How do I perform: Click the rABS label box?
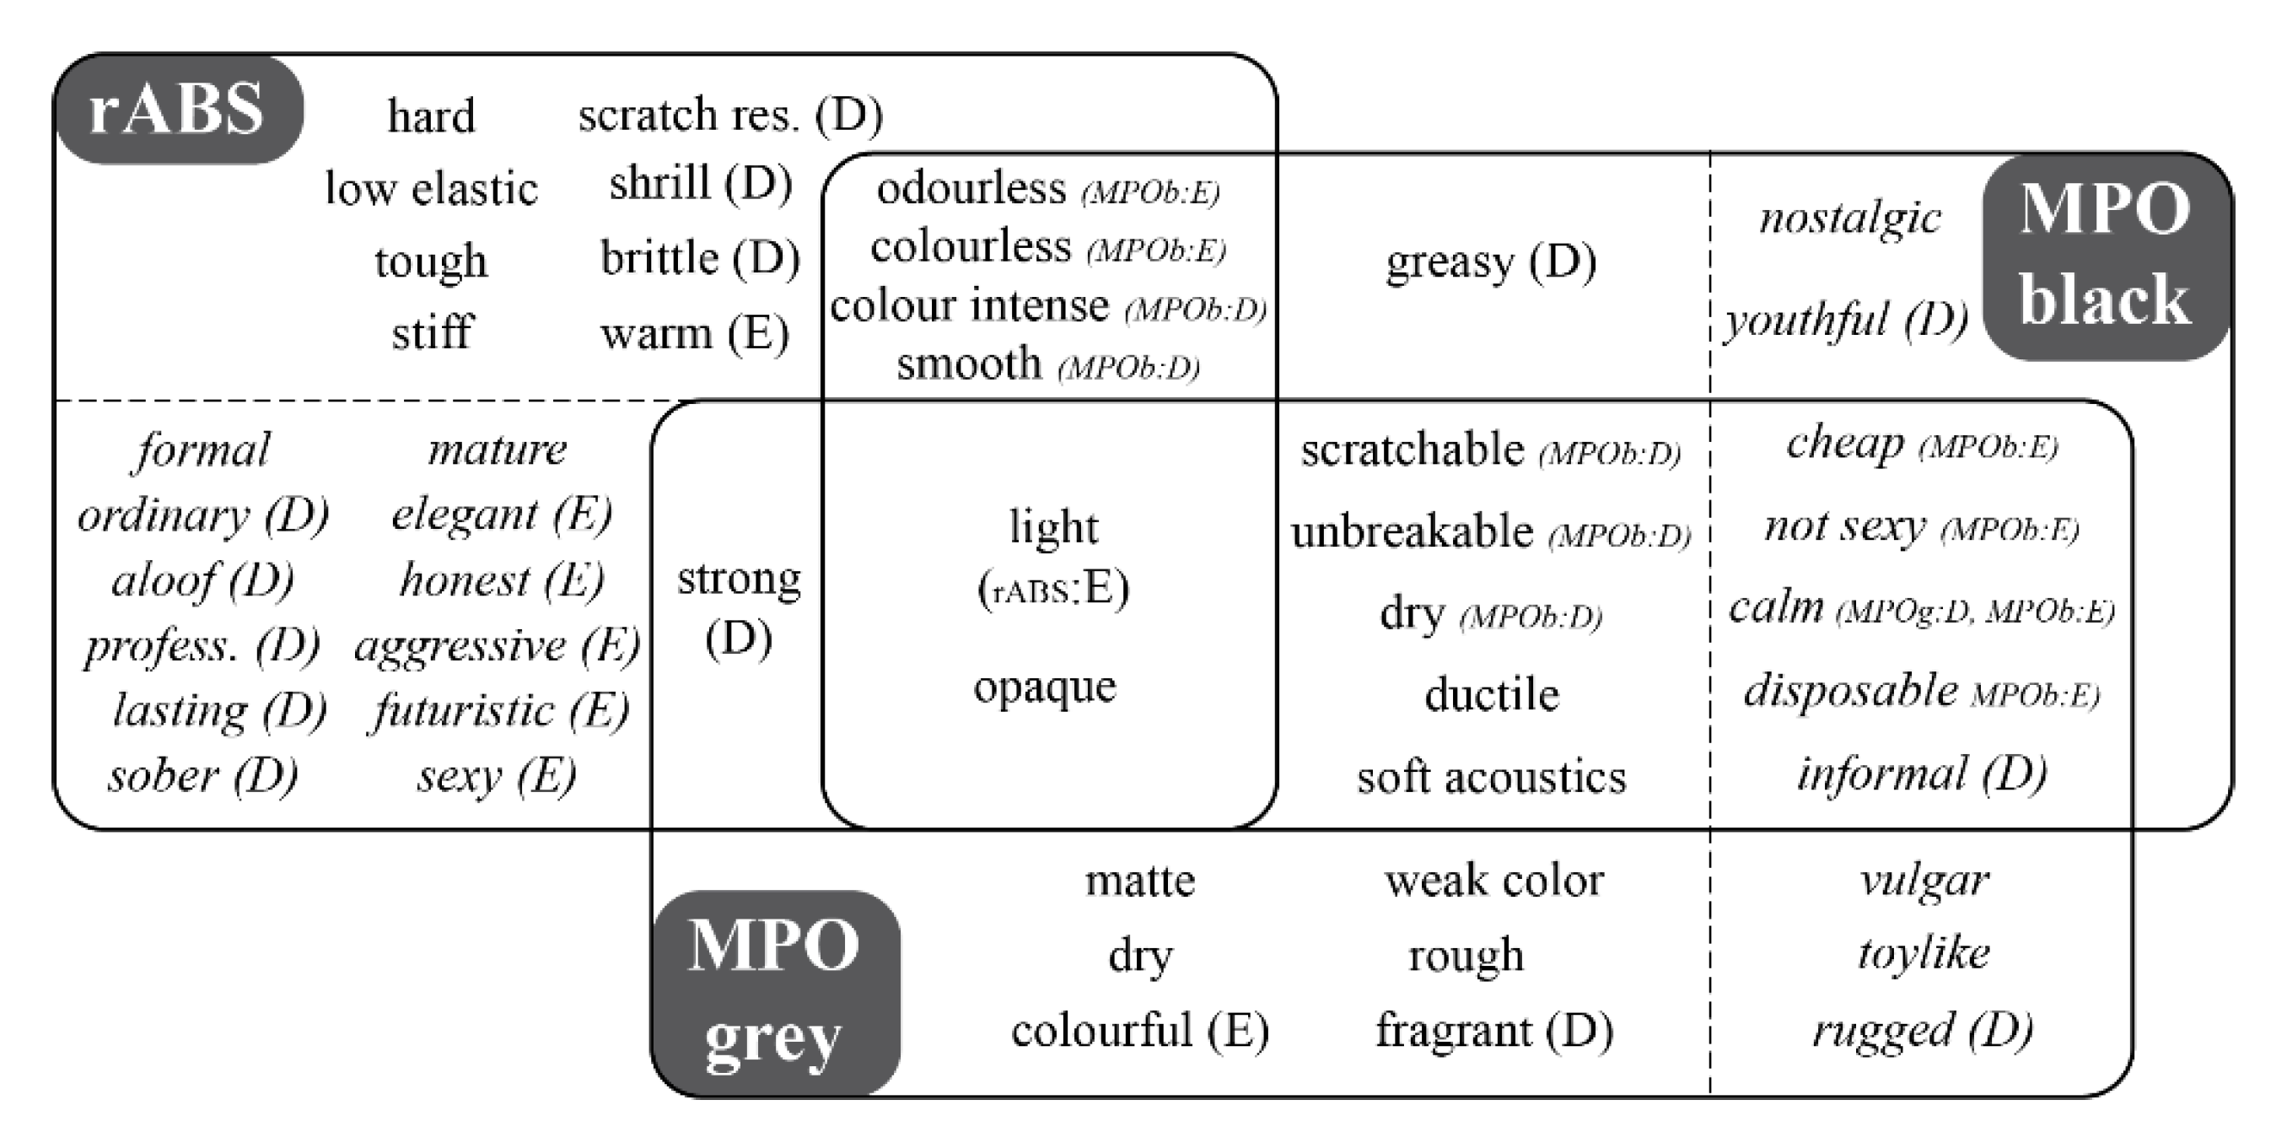[179, 111]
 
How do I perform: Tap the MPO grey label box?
[775, 992]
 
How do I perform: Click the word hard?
[432, 116]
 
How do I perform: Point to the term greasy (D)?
[1491, 262]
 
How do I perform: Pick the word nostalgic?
[1849, 218]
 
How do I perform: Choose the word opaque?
[1045, 687]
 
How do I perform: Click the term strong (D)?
[739, 607]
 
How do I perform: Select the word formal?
[203, 450]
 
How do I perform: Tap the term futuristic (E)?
[500, 710]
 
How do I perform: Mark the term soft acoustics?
[1492, 777]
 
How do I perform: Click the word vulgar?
[1924, 880]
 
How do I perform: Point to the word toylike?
[1923, 954]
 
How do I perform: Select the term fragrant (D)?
[1494, 1030]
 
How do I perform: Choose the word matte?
[1140, 881]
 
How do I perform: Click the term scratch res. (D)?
[729, 115]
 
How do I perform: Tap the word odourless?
[971, 188]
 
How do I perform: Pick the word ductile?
[1492, 694]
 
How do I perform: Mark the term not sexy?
[1844, 526]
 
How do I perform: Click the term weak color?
[1493, 880]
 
